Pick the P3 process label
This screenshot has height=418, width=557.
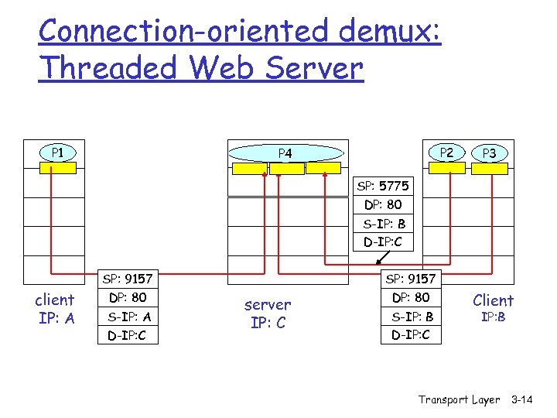click(x=490, y=153)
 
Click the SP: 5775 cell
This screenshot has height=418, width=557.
click(x=383, y=186)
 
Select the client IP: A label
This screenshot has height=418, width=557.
click(x=55, y=308)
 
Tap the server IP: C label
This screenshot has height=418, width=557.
click(x=268, y=313)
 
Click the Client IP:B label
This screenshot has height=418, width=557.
click(x=493, y=307)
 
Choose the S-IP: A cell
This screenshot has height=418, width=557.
click(x=129, y=317)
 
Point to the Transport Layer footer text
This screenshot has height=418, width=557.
click(x=459, y=399)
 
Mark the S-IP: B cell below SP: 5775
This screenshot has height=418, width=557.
click(x=383, y=224)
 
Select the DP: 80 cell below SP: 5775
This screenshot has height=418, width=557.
click(x=383, y=205)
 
